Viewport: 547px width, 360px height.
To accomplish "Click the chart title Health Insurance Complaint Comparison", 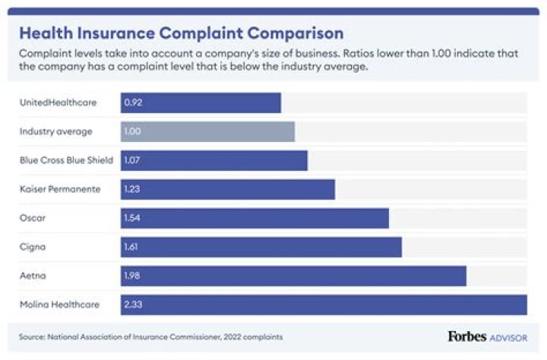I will click(x=181, y=33).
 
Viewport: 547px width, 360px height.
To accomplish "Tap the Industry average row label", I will click(x=56, y=131).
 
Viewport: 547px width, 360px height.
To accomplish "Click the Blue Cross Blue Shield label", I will click(x=66, y=160).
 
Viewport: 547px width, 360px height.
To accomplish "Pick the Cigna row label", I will click(x=32, y=247).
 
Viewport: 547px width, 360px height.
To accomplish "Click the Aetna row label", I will click(x=32, y=276).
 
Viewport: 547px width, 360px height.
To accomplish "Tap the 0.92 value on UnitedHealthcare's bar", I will click(x=133, y=103).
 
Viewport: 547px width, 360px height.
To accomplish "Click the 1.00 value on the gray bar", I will click(x=133, y=131).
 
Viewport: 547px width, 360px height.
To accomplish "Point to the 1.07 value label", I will click(x=133, y=160).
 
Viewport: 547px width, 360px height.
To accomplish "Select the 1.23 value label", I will click(x=133, y=189).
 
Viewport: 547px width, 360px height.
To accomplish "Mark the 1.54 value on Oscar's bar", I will click(x=133, y=218).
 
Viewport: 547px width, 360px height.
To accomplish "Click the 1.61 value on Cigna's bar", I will click(x=133, y=247).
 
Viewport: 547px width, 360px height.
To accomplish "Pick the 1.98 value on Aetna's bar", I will click(x=133, y=276).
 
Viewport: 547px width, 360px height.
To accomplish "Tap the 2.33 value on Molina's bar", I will click(x=133, y=305).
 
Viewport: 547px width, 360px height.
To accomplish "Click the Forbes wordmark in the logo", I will click(x=467, y=336).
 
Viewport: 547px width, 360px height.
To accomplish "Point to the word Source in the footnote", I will click(x=33, y=336).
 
